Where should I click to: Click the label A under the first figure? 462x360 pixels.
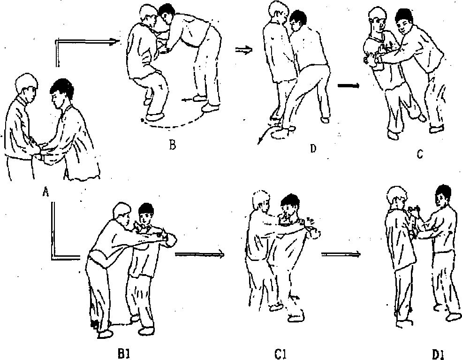pos(45,192)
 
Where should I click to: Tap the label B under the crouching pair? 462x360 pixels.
pos(173,145)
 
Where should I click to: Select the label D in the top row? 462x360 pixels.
pos(313,149)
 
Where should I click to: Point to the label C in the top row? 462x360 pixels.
pos(420,154)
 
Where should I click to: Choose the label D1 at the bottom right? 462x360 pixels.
pos(439,354)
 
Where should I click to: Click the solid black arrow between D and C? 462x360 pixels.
pos(348,85)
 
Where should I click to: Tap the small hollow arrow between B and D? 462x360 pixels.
pos(244,50)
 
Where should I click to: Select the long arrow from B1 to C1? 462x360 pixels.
pos(200,253)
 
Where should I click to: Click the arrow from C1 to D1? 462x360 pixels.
pos(341,254)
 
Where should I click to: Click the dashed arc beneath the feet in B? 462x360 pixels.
pos(172,123)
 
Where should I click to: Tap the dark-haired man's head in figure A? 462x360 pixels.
pos(61,91)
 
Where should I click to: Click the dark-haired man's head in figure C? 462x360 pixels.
pos(404,21)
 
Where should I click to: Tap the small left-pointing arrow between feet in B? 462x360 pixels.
pos(188,100)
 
